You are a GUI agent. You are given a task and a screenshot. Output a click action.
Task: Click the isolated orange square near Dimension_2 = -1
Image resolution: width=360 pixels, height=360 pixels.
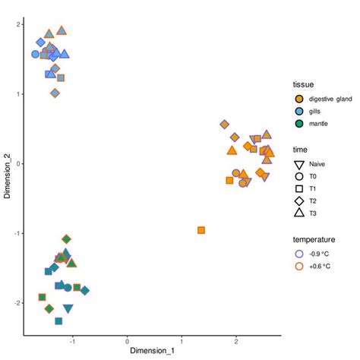click(201, 230)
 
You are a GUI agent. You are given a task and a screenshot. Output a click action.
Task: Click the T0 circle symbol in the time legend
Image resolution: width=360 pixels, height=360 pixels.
click(299, 176)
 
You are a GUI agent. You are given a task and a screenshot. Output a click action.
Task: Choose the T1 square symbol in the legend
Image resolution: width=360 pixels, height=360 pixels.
click(299, 189)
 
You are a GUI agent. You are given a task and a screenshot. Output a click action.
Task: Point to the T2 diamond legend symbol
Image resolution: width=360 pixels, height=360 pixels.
click(299, 201)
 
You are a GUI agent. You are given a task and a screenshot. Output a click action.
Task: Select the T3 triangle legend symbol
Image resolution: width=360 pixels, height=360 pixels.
click(299, 213)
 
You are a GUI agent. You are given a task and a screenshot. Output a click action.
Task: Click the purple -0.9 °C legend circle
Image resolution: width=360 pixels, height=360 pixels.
click(299, 254)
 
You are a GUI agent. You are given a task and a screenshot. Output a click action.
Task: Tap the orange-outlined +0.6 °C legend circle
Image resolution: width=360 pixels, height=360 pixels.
click(299, 267)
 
